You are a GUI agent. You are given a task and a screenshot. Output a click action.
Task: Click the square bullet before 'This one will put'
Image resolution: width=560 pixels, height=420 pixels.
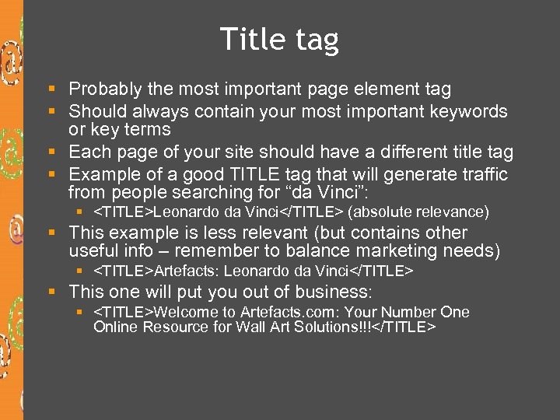(51, 293)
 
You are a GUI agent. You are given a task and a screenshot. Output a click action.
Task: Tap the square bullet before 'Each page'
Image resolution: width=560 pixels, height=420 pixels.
(51, 152)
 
